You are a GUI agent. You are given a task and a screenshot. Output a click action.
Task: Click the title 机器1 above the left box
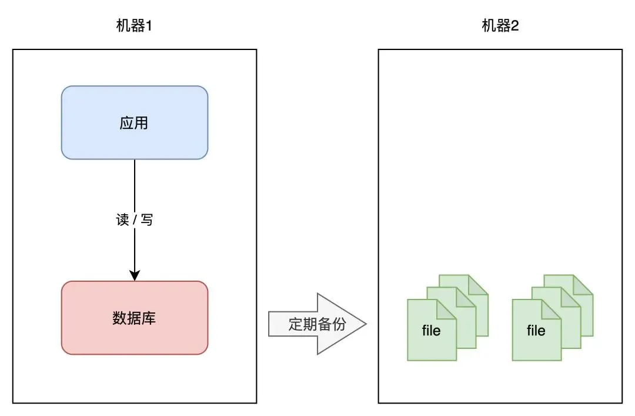pos(135,26)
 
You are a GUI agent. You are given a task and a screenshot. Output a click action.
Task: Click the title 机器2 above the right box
pos(500,26)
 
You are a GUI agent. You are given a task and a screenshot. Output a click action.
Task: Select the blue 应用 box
pos(135,122)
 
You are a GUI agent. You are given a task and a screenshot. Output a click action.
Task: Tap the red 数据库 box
pos(135,318)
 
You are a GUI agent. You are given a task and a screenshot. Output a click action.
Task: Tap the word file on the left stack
pos(431,331)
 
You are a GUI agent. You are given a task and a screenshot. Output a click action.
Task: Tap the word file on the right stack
pos(536,331)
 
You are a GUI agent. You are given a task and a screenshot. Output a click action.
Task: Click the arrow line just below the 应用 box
pos(135,177)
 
